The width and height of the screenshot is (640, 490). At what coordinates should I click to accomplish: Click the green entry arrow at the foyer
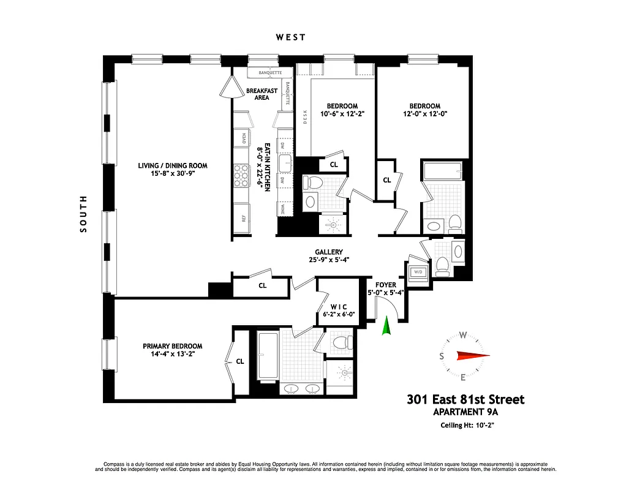tap(386, 326)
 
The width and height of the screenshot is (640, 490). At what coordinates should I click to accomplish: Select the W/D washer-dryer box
tap(420, 273)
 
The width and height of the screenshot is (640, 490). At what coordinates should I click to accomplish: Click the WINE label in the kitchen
tap(283, 210)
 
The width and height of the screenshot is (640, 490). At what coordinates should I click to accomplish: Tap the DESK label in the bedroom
tap(304, 116)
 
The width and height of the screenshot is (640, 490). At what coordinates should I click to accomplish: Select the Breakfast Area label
tap(262, 94)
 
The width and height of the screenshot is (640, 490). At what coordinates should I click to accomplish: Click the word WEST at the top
tap(290, 37)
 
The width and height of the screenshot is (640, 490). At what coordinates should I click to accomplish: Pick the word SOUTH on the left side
tap(83, 214)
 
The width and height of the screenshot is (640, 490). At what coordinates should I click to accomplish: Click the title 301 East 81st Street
tap(465, 399)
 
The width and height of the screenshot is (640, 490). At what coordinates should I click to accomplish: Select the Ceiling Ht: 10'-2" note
tap(467, 426)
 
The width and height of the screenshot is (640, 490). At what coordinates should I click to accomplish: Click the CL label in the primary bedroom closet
tap(240, 361)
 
